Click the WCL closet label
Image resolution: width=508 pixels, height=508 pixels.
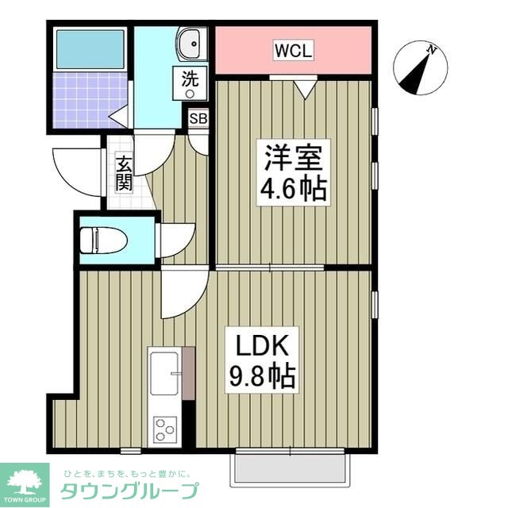[x=293, y=51]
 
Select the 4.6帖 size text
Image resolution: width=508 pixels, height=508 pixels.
[x=293, y=191]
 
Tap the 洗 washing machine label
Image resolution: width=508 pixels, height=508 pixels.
[x=190, y=79]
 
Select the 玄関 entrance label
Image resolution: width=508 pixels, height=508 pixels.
[x=125, y=174]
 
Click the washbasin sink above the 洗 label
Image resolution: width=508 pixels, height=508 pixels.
[x=190, y=44]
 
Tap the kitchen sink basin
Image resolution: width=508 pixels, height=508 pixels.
[x=164, y=373]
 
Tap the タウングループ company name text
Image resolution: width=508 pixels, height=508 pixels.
[x=129, y=489]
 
